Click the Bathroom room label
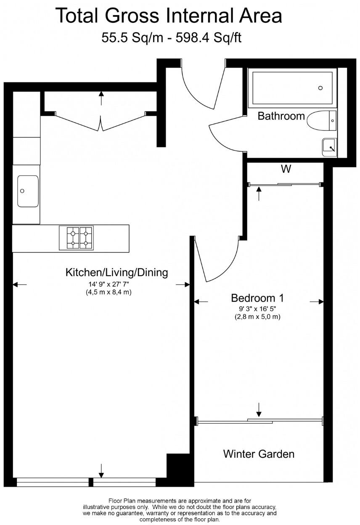[281, 116]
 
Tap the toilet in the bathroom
[322, 121]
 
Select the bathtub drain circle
[320, 88]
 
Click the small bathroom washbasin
[330, 147]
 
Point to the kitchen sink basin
[27, 191]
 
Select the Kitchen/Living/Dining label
[116, 273]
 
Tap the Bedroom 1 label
[257, 298]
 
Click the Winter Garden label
[259, 454]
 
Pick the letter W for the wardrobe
[286, 170]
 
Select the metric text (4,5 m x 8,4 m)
[109, 292]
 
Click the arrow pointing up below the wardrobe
[259, 194]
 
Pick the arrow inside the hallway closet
[101, 98]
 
